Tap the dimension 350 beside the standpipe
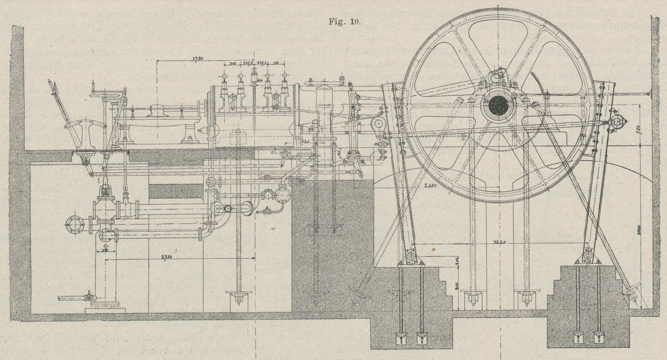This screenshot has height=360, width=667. click(x=105, y=250)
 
